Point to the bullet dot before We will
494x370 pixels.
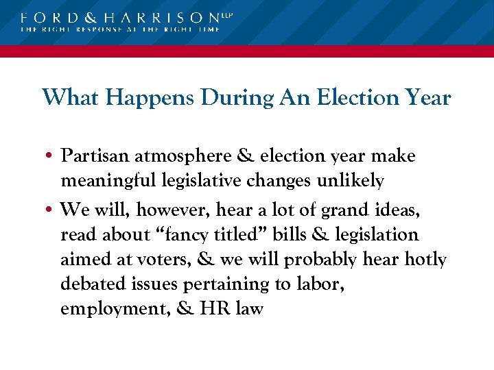click(51, 209)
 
